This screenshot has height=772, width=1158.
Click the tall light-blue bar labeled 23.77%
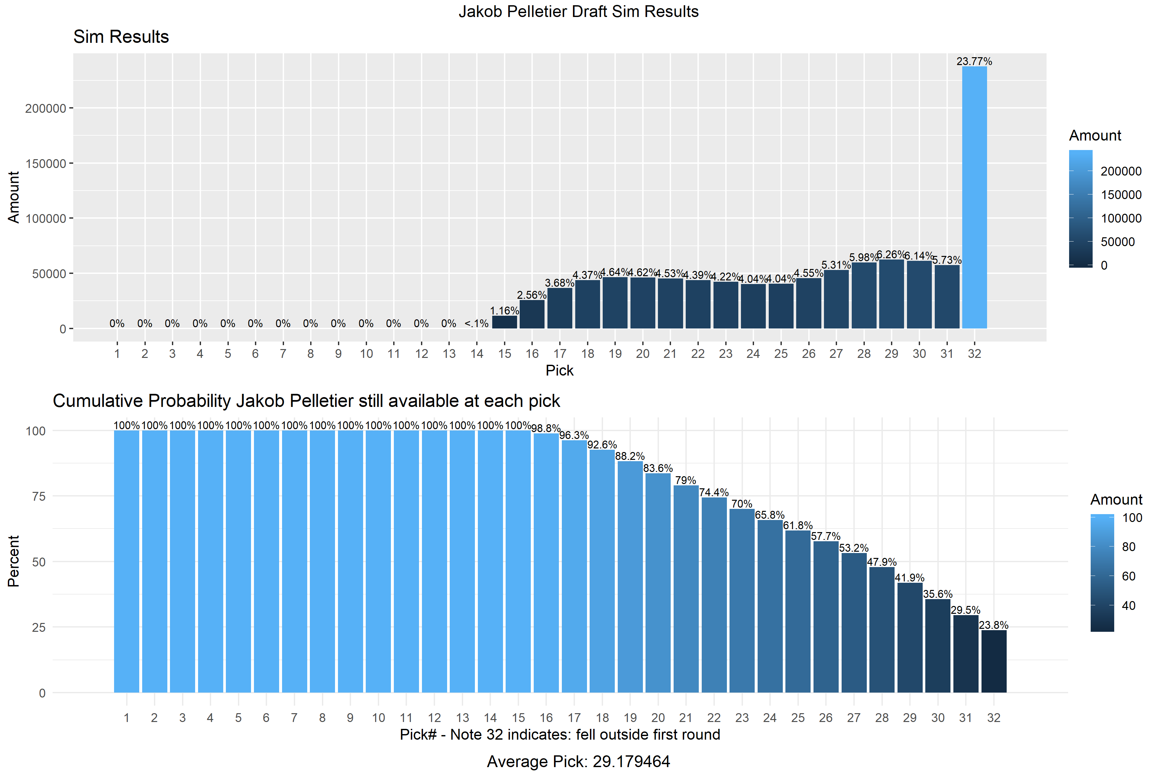coord(974,197)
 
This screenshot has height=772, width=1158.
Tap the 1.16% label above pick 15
coord(504,311)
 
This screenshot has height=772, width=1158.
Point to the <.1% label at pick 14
coord(476,324)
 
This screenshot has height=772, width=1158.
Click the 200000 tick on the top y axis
coord(45,108)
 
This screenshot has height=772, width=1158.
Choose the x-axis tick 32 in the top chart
coord(974,354)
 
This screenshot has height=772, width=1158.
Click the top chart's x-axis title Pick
coord(559,370)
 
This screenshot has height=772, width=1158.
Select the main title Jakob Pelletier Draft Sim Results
coord(579,11)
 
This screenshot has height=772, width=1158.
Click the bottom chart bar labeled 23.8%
coord(994,661)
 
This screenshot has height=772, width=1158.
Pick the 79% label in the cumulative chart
coord(685,480)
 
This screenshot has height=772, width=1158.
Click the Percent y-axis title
coord(13,561)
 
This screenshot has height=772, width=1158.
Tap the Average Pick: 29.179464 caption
coord(579,761)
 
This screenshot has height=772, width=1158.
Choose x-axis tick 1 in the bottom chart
coord(126,718)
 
